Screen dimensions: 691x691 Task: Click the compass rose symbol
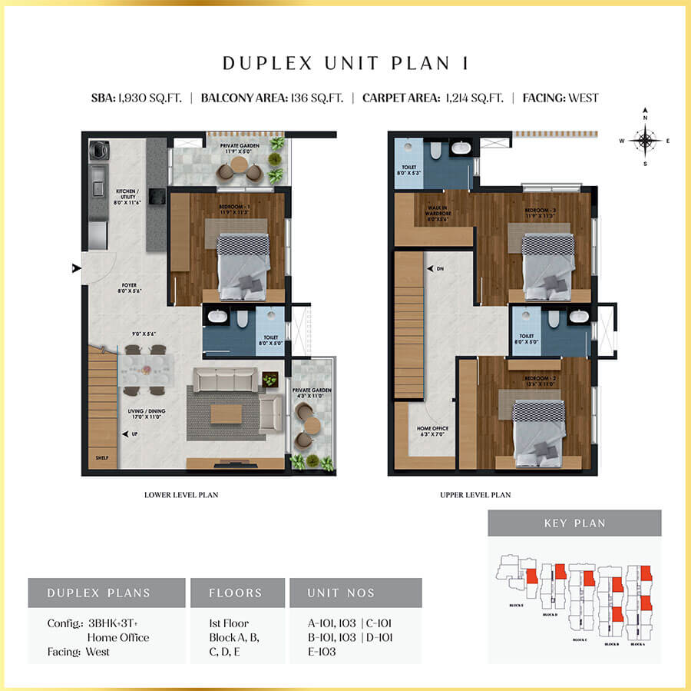click(x=646, y=140)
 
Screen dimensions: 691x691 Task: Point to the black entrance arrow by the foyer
click(x=75, y=267)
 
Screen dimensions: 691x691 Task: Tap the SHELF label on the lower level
click(x=101, y=459)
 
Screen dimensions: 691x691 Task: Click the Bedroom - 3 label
click(x=542, y=213)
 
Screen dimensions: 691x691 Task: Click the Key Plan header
click(x=574, y=523)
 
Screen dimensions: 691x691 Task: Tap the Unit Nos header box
click(x=355, y=593)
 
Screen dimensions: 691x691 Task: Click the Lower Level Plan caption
click(x=181, y=495)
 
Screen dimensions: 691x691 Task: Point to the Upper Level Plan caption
click(x=475, y=495)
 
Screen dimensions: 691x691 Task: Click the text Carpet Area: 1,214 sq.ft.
click(x=432, y=98)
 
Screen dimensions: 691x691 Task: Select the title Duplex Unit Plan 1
click(x=345, y=63)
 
